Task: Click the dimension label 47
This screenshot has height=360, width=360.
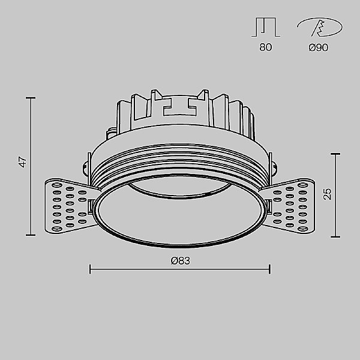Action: pos(23,162)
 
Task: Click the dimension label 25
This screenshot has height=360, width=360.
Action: pos(328,194)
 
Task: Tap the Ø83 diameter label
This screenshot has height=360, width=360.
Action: pos(181,261)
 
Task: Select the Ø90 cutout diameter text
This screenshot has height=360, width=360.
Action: pos(318,47)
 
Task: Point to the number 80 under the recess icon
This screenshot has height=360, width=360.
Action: pos(266,47)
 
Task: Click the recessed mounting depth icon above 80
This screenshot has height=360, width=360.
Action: pos(266,27)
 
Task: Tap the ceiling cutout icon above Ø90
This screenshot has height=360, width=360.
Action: pos(320,27)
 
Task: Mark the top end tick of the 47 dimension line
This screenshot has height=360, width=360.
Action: pos(31,98)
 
